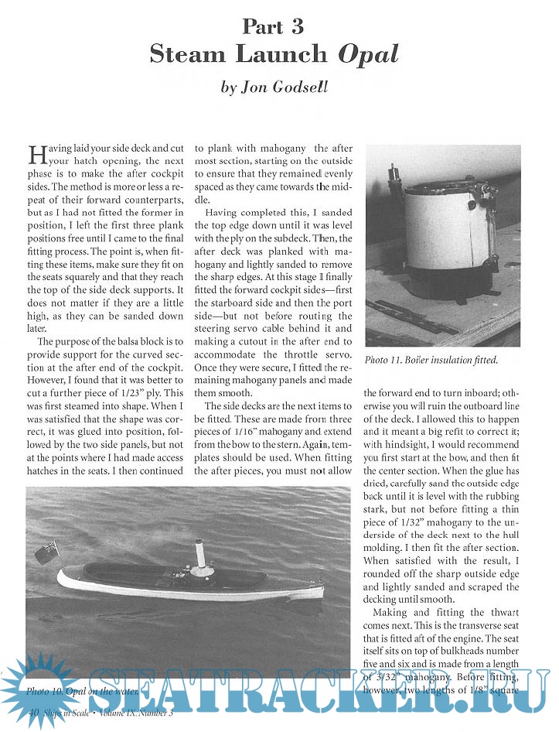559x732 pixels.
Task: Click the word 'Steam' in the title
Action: pos(183,54)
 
